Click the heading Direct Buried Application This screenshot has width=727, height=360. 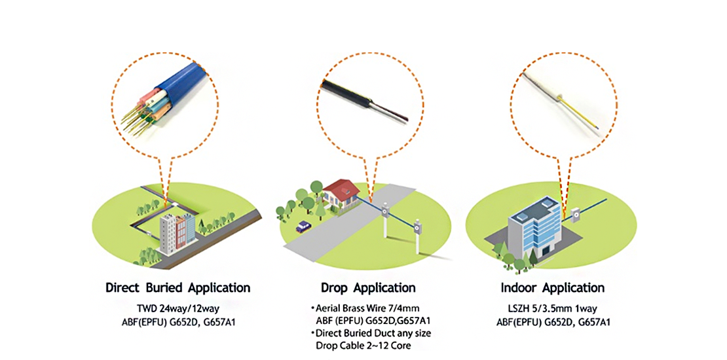tap(178, 288)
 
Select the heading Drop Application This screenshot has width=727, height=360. tap(368, 288)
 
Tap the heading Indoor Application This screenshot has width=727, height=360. tap(552, 288)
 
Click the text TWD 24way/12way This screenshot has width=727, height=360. tap(178, 308)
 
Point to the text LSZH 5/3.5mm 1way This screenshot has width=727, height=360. tap(552, 308)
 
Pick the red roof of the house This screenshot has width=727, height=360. tap(342, 188)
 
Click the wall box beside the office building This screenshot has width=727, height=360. tap(576, 215)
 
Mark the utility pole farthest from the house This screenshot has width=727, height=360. tap(417, 236)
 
